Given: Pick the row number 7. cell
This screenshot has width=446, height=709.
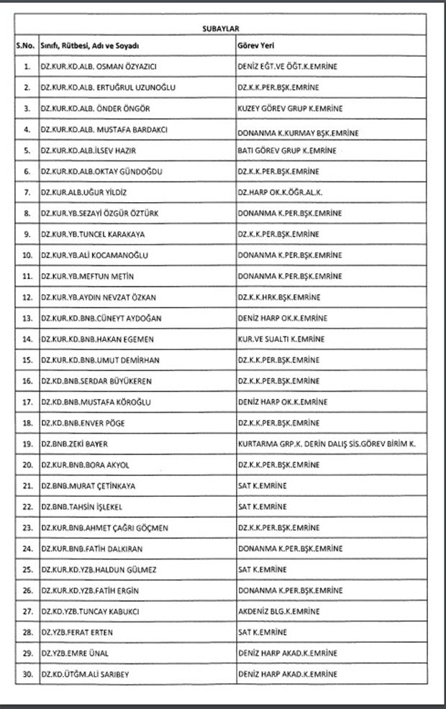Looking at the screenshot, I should (x=27, y=193).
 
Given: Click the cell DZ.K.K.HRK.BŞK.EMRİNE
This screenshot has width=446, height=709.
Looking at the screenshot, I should (x=279, y=297).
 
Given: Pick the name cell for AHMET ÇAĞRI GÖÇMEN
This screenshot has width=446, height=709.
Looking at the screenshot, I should (x=105, y=528).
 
